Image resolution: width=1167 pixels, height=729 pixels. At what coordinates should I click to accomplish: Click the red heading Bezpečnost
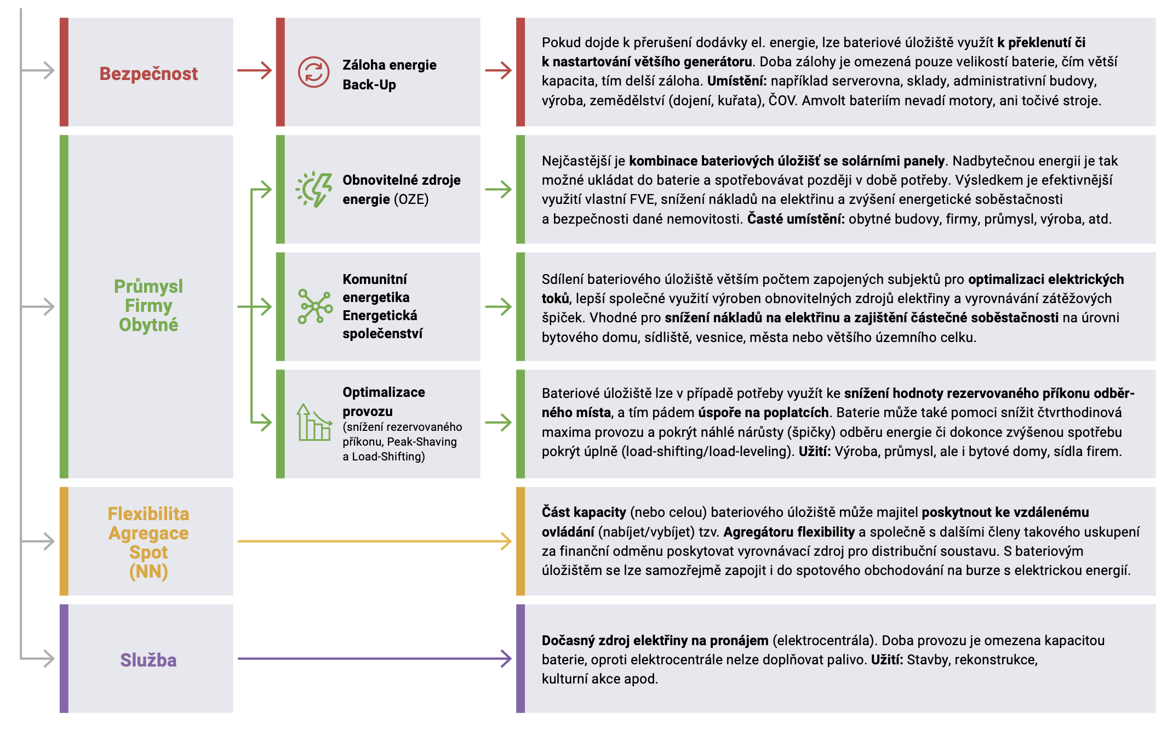click(148, 73)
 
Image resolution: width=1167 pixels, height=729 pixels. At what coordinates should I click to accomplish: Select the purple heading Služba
click(148, 660)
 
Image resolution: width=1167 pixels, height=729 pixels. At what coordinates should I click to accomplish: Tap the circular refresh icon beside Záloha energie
click(313, 72)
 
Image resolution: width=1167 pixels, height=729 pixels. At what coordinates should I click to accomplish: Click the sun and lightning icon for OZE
click(314, 190)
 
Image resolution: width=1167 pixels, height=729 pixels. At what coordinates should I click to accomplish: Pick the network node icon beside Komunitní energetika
click(315, 306)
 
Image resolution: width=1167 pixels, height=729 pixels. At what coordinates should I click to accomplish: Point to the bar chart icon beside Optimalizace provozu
click(314, 422)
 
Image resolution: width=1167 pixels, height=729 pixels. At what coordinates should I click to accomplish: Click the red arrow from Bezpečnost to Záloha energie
click(255, 70)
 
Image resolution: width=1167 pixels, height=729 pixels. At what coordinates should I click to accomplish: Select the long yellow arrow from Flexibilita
click(375, 541)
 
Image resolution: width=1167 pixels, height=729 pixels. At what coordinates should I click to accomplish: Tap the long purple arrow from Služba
click(375, 658)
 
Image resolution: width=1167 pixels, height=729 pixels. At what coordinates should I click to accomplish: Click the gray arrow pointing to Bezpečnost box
click(38, 70)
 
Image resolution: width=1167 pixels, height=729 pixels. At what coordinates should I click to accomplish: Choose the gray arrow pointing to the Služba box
click(38, 658)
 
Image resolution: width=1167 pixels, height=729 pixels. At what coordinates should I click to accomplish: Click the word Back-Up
click(369, 84)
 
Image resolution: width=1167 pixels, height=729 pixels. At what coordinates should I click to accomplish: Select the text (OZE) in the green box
click(411, 199)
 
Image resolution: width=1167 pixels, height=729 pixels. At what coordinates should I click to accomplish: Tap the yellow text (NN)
click(148, 572)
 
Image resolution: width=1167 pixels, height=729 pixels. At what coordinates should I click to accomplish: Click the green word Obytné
click(148, 324)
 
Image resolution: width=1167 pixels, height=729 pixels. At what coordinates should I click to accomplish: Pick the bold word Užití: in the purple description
click(887, 659)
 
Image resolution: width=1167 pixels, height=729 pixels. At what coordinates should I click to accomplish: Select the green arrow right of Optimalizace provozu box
click(499, 422)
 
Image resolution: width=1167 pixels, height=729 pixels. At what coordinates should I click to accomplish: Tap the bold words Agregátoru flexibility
click(789, 532)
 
